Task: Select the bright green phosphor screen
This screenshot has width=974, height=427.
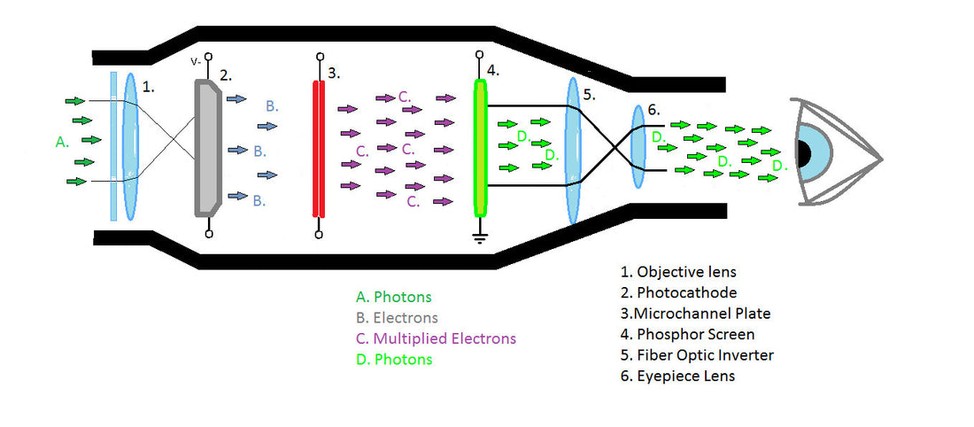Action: click(x=481, y=148)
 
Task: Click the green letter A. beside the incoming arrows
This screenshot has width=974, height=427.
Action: click(x=62, y=141)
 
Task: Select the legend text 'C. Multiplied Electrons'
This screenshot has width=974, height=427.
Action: click(x=435, y=338)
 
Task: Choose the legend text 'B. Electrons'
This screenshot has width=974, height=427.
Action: click(x=396, y=317)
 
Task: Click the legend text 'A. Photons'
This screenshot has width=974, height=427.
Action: click(x=393, y=297)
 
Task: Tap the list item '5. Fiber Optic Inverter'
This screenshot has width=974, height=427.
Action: click(x=696, y=355)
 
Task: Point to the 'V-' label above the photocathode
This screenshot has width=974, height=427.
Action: click(x=196, y=62)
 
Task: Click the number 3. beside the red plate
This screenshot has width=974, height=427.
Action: click(x=334, y=74)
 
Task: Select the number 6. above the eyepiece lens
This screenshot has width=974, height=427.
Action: click(x=653, y=110)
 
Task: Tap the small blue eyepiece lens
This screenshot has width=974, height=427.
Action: click(x=638, y=146)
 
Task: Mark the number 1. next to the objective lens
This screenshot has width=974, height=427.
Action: click(x=150, y=87)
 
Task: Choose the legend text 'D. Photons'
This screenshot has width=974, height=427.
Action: click(x=393, y=359)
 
